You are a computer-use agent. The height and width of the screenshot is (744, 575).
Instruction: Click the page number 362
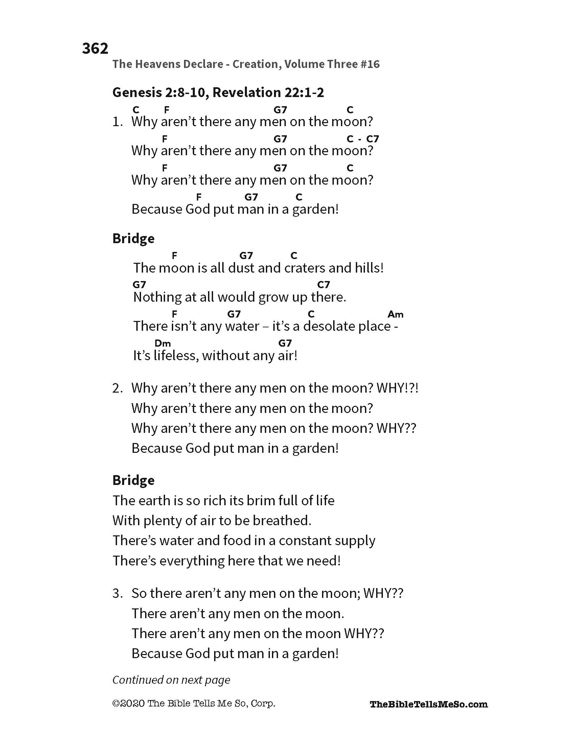pyautogui.click(x=95, y=48)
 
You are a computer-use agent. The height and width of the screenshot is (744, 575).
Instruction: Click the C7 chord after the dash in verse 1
pyautogui.click(x=372, y=139)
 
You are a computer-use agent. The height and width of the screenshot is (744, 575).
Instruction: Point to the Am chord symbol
pyautogui.click(x=395, y=314)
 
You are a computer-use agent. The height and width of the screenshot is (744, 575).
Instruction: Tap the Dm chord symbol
pyautogui.click(x=162, y=343)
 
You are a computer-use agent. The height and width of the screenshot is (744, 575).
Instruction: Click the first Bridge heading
pyautogui.click(x=133, y=238)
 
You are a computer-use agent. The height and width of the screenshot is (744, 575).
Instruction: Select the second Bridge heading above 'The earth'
pyautogui.click(x=133, y=480)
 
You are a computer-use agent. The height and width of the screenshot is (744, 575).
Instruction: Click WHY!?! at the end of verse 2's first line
pyautogui.click(x=397, y=388)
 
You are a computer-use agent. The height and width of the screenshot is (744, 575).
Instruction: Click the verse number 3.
pyautogui.click(x=116, y=594)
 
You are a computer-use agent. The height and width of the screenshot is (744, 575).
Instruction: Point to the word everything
pyautogui.click(x=192, y=561)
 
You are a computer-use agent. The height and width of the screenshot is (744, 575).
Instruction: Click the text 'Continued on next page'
pyautogui.click(x=171, y=680)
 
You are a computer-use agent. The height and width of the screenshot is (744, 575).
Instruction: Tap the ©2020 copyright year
pyautogui.click(x=129, y=703)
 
